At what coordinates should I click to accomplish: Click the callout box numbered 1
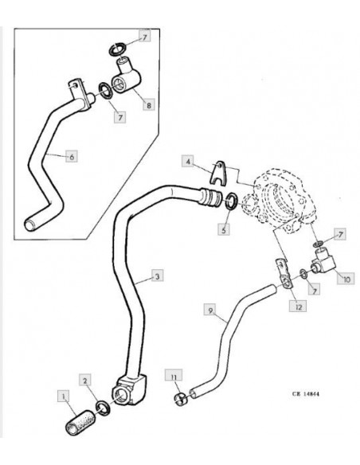tap(63, 396)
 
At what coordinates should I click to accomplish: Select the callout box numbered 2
tap(85, 380)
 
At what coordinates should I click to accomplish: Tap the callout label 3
tap(157, 275)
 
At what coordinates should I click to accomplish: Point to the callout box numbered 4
tap(188, 161)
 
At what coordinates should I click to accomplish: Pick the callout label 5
tap(224, 229)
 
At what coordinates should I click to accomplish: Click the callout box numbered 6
tap(72, 156)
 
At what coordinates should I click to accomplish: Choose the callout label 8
tap(149, 104)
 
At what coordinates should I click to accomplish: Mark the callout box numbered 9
tap(210, 311)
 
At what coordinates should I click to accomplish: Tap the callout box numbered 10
tap(346, 278)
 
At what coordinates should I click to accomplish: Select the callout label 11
tap(174, 376)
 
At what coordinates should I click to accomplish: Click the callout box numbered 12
tap(298, 306)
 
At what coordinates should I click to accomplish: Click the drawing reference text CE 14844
tap(305, 394)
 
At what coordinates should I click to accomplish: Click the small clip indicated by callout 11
tap(181, 399)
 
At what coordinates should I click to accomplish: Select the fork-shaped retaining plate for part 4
tap(220, 173)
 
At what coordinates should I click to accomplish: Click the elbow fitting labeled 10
tap(323, 260)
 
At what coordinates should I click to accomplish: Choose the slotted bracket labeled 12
tap(284, 273)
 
